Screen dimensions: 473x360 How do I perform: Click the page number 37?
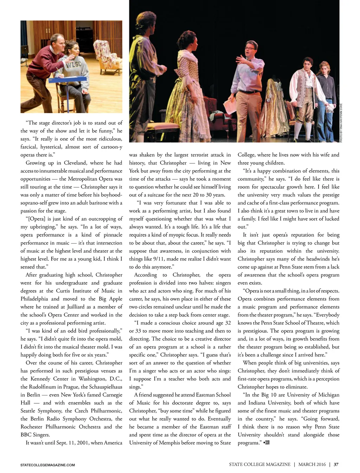click(336, 465)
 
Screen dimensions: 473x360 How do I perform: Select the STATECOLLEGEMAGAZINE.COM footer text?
click(47, 465)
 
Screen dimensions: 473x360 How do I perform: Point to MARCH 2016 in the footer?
click(312, 465)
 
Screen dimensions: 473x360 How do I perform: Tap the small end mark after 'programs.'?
click(267, 442)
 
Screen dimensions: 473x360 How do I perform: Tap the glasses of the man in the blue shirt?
click(250, 48)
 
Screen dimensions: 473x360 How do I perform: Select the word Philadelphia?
click(34, 299)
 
